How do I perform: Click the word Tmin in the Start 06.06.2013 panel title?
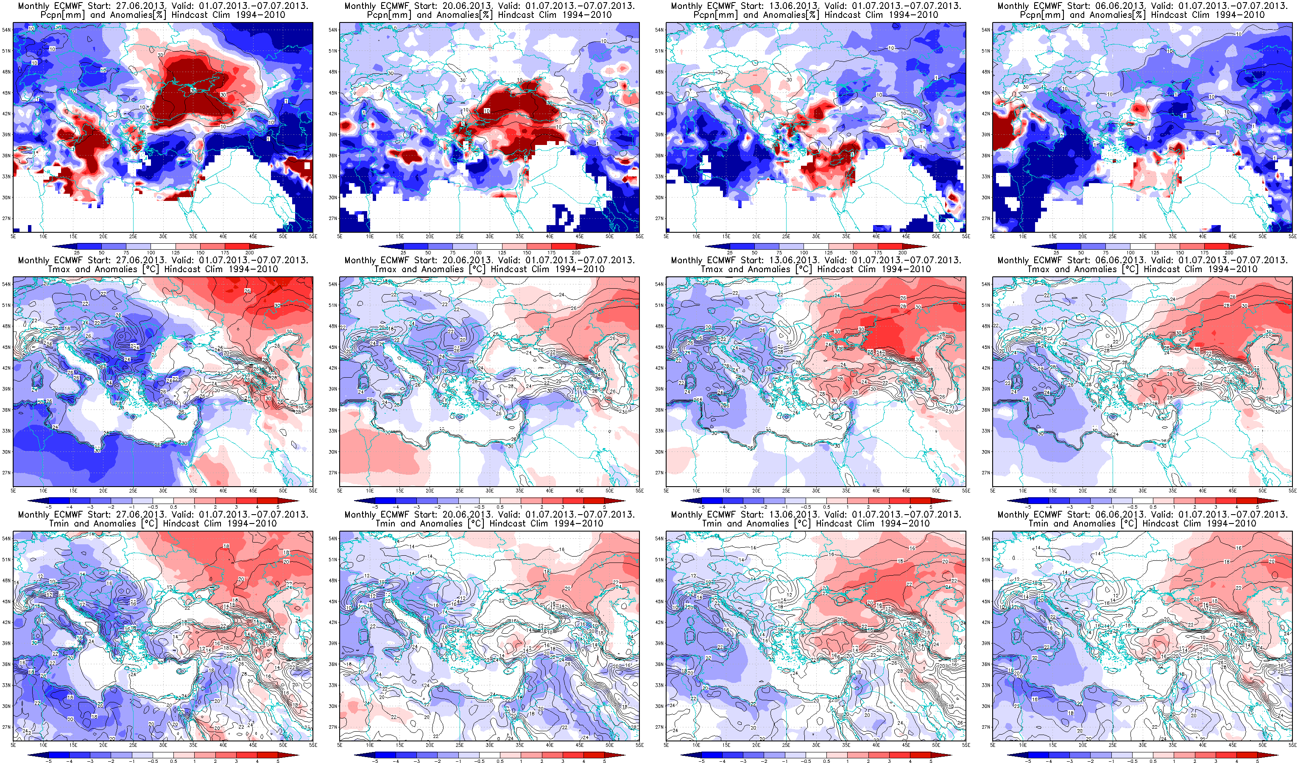coord(1038,524)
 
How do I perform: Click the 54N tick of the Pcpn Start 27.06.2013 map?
coord(6,30)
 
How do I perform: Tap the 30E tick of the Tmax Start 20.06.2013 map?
coord(489,490)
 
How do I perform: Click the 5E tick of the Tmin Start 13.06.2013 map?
coord(667,745)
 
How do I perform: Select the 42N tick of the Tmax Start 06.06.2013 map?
coord(986,368)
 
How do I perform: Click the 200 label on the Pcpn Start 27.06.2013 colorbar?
coord(249,253)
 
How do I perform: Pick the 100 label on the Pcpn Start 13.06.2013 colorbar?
coord(804,253)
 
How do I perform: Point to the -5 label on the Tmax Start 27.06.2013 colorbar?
coord(48,507)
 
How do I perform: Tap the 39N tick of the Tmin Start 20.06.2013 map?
coord(333,643)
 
